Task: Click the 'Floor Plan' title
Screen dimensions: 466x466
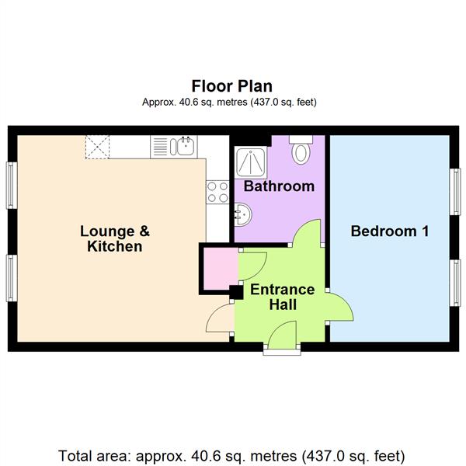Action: [232, 85]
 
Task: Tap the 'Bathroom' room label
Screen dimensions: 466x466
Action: [279, 186]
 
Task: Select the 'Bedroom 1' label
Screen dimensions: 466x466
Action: [390, 231]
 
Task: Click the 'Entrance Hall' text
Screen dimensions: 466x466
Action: [282, 297]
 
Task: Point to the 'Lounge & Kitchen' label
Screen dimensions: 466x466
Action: [115, 238]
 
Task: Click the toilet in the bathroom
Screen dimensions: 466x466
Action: [301, 150]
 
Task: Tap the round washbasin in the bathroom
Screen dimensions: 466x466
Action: [242, 211]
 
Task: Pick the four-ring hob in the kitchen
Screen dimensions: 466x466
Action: [217, 192]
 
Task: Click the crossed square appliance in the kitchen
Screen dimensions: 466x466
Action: [98, 145]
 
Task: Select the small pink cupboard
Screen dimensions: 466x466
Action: [218, 266]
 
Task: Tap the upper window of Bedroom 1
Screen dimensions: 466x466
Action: [456, 188]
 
